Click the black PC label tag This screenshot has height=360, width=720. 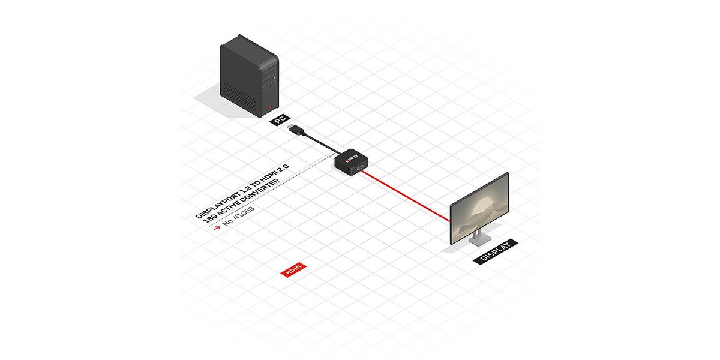click(279, 120)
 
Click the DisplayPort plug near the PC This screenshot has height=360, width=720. click(296, 130)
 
